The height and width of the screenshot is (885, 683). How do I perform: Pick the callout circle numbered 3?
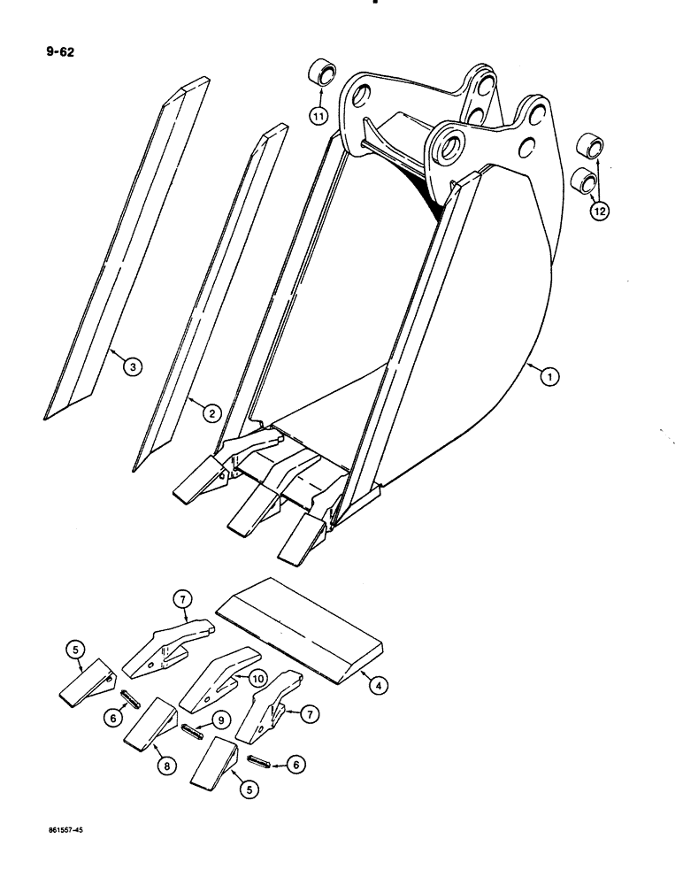tap(131, 366)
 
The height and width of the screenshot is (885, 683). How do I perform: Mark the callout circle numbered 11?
tap(318, 115)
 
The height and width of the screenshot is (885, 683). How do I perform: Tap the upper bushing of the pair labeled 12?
tap(590, 146)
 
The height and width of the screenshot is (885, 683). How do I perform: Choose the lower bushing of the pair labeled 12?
tap(583, 181)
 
